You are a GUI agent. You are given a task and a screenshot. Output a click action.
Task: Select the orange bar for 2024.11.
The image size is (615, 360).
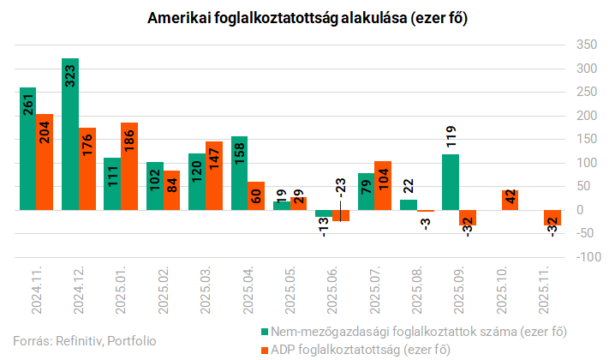tap(45, 162)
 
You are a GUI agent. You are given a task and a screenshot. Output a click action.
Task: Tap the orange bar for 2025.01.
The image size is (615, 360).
tap(129, 166)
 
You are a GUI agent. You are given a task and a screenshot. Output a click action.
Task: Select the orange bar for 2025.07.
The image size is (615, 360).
tap(383, 185)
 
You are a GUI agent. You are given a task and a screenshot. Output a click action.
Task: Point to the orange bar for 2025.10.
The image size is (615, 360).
tap(510, 200)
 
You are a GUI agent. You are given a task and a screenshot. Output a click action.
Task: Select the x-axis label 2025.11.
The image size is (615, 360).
tap(544, 291)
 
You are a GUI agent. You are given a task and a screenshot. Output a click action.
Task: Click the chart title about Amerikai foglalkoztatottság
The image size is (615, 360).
tap(307, 18)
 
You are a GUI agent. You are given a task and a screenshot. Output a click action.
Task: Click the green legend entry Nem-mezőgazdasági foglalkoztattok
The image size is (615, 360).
tap(419, 330)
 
